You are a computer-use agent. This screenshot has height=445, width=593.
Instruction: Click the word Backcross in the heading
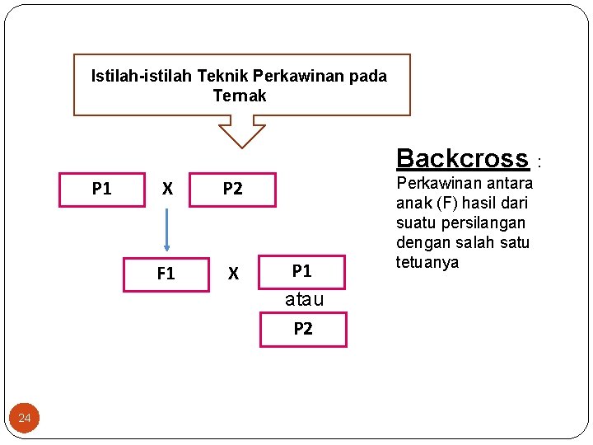click(461, 158)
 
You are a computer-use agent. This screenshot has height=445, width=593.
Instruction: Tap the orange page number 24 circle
click(25, 419)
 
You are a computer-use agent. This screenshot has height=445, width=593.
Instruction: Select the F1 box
click(166, 274)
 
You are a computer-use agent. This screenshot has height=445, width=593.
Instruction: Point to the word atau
click(304, 300)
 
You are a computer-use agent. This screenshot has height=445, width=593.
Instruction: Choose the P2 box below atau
click(303, 329)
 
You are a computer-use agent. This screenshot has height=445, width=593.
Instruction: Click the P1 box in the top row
click(102, 189)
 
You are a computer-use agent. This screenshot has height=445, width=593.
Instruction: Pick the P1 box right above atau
click(302, 271)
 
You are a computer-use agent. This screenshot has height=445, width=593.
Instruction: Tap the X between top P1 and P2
click(167, 189)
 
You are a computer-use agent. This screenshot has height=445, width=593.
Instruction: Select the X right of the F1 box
click(233, 274)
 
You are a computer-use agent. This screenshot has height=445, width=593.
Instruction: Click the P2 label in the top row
click(233, 189)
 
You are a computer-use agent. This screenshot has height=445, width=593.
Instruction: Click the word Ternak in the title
click(240, 96)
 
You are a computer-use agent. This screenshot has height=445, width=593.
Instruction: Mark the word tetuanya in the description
click(427, 262)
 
